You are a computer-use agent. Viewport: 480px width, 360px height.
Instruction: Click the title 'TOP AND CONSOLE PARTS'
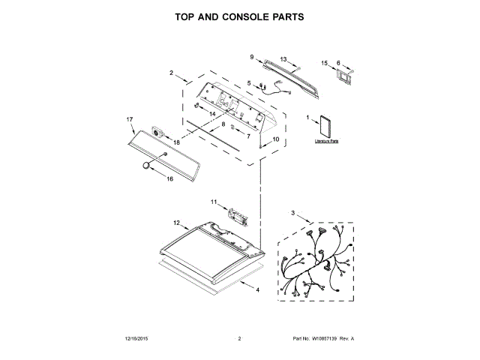[239, 16]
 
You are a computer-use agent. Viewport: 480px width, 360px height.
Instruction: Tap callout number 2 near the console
[171, 73]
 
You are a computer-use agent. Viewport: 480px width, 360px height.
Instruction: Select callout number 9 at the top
[252, 56]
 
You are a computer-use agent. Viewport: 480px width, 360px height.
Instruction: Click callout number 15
[325, 64]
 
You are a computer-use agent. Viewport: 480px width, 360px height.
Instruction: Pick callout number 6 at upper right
[338, 63]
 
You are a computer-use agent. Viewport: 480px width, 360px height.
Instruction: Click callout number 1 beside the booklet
[308, 118]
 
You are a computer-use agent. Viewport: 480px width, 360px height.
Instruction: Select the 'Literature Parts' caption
[327, 141]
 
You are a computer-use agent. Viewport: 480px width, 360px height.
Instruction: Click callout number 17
[129, 119]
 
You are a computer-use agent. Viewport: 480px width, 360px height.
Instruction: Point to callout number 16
[169, 179]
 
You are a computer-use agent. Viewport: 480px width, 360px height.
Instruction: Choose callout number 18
[178, 142]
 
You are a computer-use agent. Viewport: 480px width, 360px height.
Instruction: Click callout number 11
[213, 202]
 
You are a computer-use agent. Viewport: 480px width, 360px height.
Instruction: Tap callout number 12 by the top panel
[176, 223]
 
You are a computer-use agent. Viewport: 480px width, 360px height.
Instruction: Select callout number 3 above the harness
[293, 213]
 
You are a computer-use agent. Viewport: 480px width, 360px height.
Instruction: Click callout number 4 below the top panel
[258, 289]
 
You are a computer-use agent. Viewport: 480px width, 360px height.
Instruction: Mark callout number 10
[275, 139]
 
